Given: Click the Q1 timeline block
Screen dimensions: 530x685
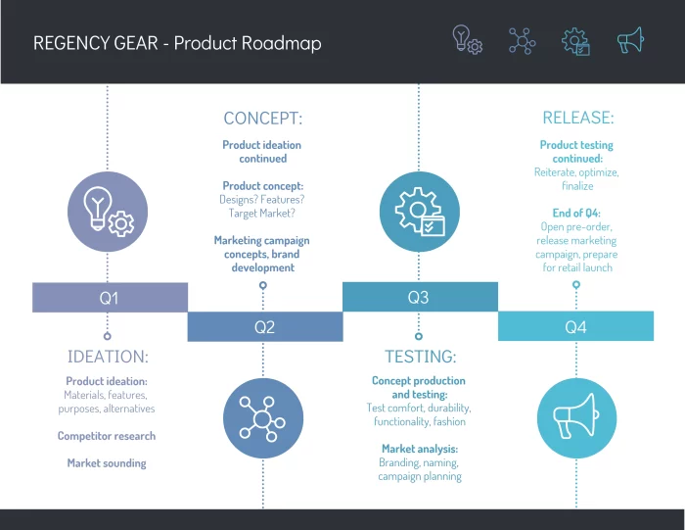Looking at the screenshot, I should click(110, 297).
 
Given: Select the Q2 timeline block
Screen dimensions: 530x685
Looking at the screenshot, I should click(264, 327).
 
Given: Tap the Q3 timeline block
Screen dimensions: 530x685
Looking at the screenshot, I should click(419, 297).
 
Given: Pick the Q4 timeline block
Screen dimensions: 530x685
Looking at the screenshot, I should click(575, 327).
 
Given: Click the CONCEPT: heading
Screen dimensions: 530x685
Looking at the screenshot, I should click(262, 119).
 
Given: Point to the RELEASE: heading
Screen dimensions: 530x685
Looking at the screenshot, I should click(577, 119).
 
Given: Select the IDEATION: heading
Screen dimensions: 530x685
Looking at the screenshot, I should click(108, 357).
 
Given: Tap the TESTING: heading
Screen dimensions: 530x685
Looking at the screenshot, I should click(419, 357).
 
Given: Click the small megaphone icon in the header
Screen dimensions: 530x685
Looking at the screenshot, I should click(630, 40).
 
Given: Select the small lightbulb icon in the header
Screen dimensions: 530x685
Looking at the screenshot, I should click(466, 40).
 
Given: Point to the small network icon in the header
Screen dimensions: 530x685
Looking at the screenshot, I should click(522, 40).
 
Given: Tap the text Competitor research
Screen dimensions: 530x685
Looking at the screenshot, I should click(107, 436).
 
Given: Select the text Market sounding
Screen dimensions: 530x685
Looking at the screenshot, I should click(107, 462).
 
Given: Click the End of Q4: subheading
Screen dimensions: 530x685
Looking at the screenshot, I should click(576, 213).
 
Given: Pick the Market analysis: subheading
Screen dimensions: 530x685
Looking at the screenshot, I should click(419, 449).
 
